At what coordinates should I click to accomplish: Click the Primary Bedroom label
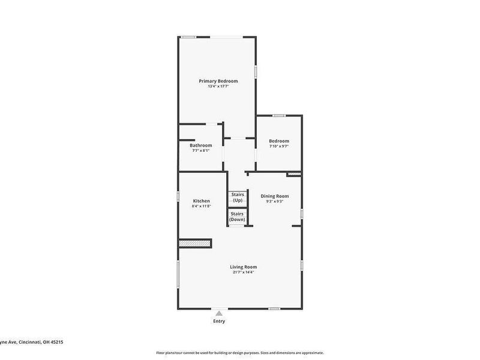click(218, 81)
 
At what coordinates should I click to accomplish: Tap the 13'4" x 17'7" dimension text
click(218, 86)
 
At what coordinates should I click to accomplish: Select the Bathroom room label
click(201, 145)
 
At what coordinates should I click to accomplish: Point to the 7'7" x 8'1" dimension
click(201, 151)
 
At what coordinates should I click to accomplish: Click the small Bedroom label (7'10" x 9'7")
click(279, 141)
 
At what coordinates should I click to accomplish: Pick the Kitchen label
click(201, 200)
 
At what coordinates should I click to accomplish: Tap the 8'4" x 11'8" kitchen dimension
click(201, 206)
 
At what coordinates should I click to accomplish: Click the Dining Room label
click(275, 196)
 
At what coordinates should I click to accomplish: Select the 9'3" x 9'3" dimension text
click(275, 201)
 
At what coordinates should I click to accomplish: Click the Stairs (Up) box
click(237, 197)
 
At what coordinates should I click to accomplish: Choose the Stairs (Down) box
click(237, 217)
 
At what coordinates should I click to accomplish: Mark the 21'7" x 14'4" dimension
click(244, 272)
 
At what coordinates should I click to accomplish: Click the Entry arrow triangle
click(219, 313)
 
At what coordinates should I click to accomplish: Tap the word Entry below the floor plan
click(219, 322)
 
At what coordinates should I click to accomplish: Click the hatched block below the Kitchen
click(196, 244)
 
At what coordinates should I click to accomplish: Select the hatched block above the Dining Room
click(293, 175)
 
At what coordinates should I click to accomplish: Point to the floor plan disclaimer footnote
click(240, 353)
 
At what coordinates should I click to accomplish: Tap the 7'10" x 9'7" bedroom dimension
click(279, 146)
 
